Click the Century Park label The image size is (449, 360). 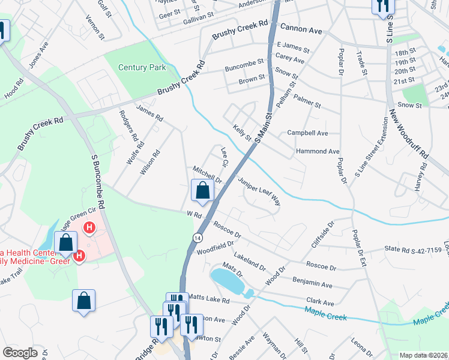coord(142,68)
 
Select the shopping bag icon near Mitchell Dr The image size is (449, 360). coord(203,191)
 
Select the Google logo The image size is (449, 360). coord(20,353)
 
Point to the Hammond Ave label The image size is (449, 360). coord(318,152)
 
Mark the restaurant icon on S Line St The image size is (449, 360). coord(382,7)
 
